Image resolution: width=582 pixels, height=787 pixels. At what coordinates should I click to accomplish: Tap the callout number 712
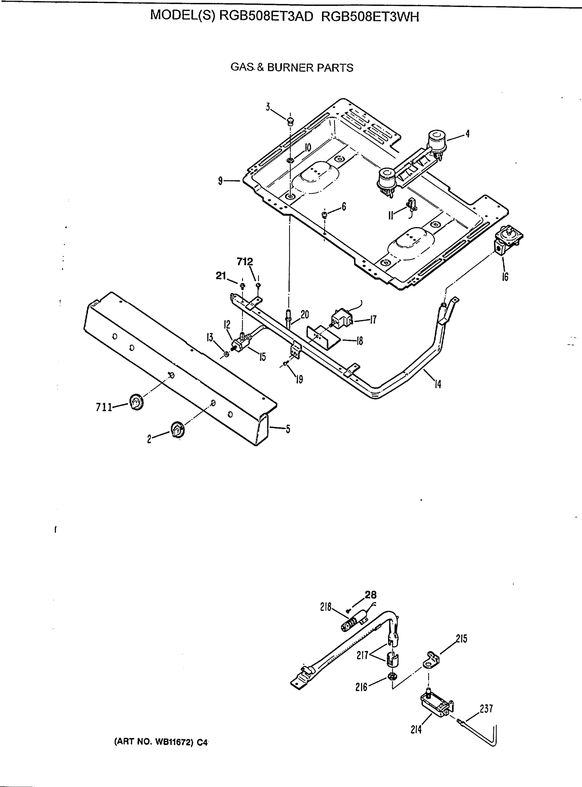pos(244,262)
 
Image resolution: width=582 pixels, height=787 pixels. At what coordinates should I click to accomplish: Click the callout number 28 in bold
pos(370,595)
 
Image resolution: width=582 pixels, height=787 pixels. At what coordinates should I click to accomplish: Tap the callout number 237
pos(486,709)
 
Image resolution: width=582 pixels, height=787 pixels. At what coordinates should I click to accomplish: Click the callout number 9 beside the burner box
pos(220,181)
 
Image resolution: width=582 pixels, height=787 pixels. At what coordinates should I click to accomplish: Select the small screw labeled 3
pos(290,122)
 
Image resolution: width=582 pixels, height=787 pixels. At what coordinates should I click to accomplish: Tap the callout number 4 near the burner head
pos(467,134)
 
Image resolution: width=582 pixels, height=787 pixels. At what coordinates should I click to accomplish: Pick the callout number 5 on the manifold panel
pos(288,429)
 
